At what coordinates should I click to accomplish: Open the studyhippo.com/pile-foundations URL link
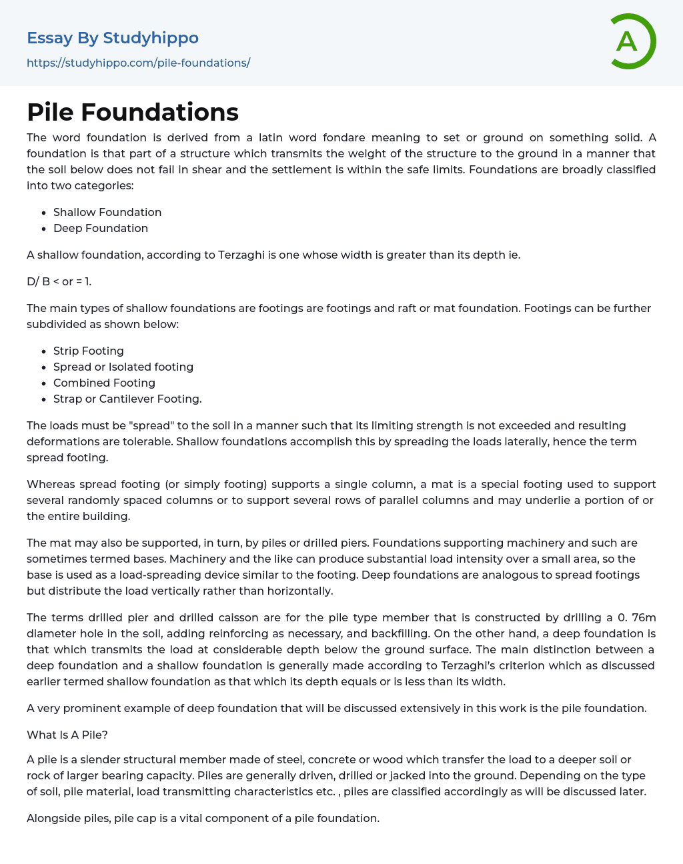pyautogui.click(x=138, y=63)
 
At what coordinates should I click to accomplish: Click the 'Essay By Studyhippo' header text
pyautogui.click(x=113, y=38)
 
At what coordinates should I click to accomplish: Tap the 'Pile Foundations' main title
pyautogui.click(x=133, y=112)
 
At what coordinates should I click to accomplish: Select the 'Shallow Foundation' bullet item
pyautogui.click(x=107, y=212)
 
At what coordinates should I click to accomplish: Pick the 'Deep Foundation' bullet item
pyautogui.click(x=101, y=228)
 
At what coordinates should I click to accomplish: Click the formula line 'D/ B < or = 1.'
pyautogui.click(x=59, y=281)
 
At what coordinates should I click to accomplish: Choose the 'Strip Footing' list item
pyautogui.click(x=89, y=351)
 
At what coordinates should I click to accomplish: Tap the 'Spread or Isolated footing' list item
pyautogui.click(x=123, y=367)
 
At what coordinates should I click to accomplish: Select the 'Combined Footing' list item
pyautogui.click(x=104, y=383)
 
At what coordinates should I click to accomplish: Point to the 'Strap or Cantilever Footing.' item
pyautogui.click(x=127, y=399)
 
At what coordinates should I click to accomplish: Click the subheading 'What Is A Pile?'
pyautogui.click(x=67, y=735)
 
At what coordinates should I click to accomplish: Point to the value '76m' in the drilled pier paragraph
pyautogui.click(x=641, y=617)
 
